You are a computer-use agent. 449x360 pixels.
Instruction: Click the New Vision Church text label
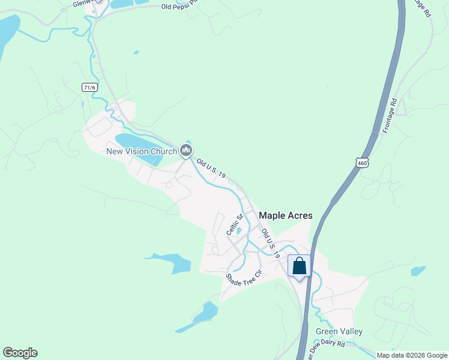click(x=142, y=151)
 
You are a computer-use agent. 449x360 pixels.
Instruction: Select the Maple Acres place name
click(x=285, y=215)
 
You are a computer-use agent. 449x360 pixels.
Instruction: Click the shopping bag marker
click(x=299, y=266)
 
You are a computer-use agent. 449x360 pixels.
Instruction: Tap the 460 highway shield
click(x=361, y=163)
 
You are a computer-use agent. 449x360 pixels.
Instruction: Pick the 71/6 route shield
click(x=89, y=87)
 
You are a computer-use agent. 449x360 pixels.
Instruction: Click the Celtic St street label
click(x=234, y=224)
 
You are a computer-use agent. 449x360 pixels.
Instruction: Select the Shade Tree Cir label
click(x=244, y=280)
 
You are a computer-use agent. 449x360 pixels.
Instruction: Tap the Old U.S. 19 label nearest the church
click(x=211, y=168)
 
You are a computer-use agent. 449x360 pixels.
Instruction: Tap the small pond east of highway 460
click(x=418, y=271)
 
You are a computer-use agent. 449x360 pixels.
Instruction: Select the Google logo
click(x=20, y=353)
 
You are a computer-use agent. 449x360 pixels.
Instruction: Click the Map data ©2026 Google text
click(x=412, y=355)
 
